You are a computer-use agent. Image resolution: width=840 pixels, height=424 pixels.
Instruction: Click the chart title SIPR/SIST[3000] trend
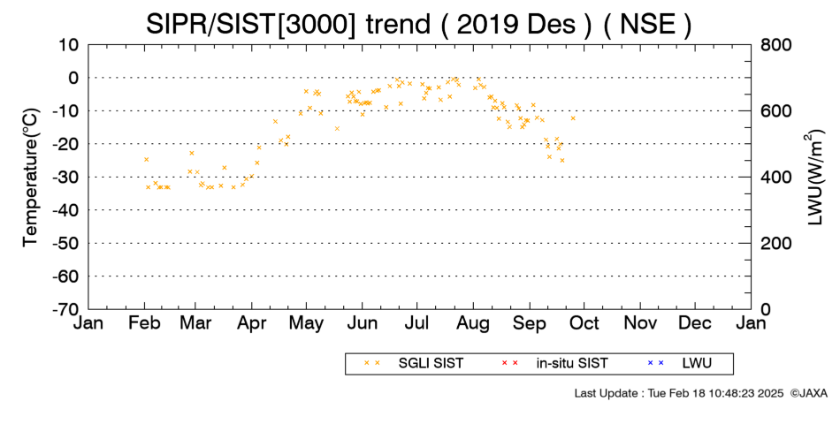pyautogui.click(x=288, y=24)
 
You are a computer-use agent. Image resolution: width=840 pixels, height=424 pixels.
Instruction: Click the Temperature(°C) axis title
pyautogui.click(x=31, y=178)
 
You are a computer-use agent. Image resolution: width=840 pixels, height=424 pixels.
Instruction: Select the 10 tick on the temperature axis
pyautogui.click(x=68, y=45)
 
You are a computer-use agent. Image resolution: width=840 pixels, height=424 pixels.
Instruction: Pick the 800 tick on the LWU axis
pyautogui.click(x=776, y=45)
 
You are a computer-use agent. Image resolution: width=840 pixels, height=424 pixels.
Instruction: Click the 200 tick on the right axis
pyautogui.click(x=776, y=244)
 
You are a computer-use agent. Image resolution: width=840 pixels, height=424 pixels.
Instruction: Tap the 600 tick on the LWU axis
pyautogui.click(x=776, y=111)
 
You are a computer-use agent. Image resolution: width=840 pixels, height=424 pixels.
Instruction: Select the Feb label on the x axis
pyautogui.click(x=144, y=323)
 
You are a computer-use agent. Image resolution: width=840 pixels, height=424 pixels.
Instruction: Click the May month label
pyautogui.click(x=306, y=324)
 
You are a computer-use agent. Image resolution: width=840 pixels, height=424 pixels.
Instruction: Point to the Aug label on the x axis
pyautogui.click(x=473, y=324)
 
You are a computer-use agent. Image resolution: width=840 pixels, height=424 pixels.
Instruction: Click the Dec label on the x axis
pyautogui.click(x=695, y=323)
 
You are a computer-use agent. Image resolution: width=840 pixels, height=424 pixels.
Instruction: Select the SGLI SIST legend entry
pyautogui.click(x=413, y=364)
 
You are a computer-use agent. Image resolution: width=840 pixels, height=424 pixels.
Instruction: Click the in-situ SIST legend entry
pyautogui.click(x=554, y=364)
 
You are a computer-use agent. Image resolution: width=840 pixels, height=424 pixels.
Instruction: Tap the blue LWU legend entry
pyautogui.click(x=679, y=364)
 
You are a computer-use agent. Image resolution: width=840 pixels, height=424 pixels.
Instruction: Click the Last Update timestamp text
pyautogui.click(x=679, y=393)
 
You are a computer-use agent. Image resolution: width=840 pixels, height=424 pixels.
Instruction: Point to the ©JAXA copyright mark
pyautogui.click(x=808, y=393)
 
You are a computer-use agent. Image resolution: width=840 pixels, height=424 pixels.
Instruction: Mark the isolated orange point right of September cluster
pyautogui.click(x=573, y=117)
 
